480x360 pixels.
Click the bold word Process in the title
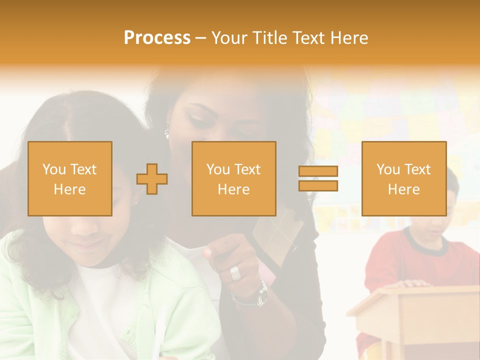(x=157, y=37)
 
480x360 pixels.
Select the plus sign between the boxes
(x=152, y=179)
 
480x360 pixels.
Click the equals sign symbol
(x=318, y=178)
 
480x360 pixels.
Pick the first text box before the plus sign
(x=70, y=179)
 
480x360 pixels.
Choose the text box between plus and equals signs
(x=233, y=179)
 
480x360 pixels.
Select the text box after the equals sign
(x=403, y=179)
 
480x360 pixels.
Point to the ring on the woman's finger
(x=235, y=273)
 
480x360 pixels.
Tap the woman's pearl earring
(x=167, y=133)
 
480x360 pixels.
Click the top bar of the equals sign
(x=318, y=171)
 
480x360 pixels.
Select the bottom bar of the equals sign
(x=318, y=185)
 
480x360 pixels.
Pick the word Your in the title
(x=229, y=37)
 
